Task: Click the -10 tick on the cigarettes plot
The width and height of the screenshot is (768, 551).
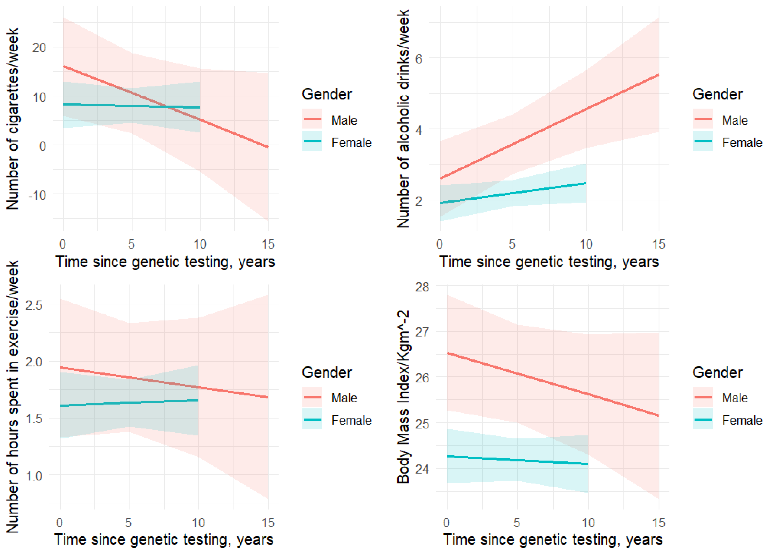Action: click(37, 195)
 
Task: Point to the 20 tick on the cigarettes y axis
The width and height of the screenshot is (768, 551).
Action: click(39, 48)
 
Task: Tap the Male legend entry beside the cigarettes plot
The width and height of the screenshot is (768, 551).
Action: click(344, 120)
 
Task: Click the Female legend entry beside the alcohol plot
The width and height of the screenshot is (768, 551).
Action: click(742, 143)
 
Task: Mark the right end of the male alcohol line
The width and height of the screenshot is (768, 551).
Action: click(659, 75)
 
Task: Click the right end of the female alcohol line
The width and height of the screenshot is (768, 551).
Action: click(586, 184)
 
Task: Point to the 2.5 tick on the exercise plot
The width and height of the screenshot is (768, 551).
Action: click(34, 306)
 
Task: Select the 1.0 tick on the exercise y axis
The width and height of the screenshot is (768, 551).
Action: click(34, 476)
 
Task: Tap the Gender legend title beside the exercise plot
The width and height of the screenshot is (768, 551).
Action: click(327, 372)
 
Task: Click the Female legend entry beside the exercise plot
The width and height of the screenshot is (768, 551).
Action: click(351, 420)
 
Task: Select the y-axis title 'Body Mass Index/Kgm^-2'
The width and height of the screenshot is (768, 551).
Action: click(403, 396)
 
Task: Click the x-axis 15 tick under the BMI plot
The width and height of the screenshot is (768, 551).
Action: click(659, 523)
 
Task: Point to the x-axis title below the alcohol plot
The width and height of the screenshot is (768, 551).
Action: click(549, 262)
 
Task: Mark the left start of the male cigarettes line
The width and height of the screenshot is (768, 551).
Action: click(64, 66)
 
